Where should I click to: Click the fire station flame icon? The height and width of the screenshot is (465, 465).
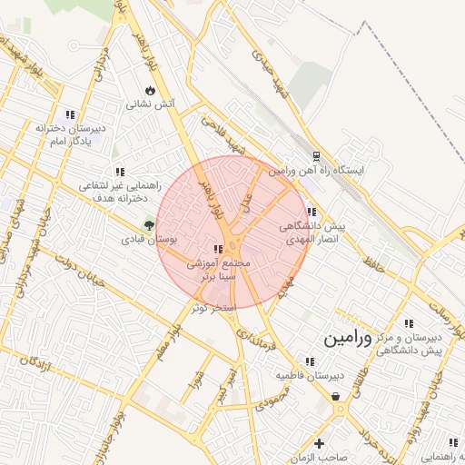[x=149, y=91]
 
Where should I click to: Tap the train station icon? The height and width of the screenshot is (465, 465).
[x=316, y=156]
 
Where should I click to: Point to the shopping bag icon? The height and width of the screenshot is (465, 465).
[x=337, y=396]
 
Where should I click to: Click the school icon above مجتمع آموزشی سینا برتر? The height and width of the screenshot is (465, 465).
[x=217, y=248]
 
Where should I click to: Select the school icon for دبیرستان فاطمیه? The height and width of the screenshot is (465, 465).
[x=312, y=361]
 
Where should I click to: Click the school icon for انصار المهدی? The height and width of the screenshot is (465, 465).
[x=312, y=212]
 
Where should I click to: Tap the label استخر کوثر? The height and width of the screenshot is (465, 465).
[x=213, y=308]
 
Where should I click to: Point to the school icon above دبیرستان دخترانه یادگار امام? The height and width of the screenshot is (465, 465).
[x=71, y=114]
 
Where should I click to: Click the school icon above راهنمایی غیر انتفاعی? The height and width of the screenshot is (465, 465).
[x=119, y=171]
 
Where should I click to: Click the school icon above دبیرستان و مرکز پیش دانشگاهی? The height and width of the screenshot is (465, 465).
[x=410, y=323]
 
